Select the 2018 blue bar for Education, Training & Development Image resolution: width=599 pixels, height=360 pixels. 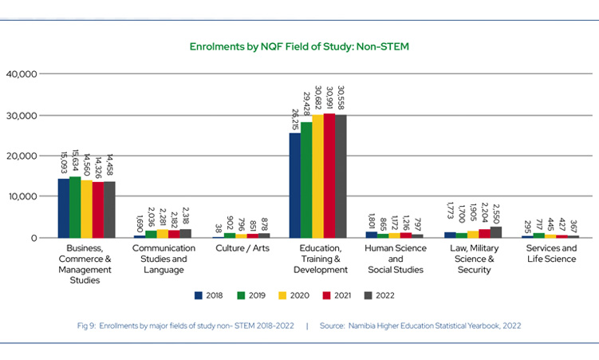295,185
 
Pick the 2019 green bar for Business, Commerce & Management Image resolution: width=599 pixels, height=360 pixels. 75,208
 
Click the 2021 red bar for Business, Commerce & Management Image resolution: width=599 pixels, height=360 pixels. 97,210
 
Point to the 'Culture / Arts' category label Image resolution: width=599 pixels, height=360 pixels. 242,249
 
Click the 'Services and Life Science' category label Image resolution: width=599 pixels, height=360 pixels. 550,254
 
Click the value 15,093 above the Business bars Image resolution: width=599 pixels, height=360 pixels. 64,160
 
